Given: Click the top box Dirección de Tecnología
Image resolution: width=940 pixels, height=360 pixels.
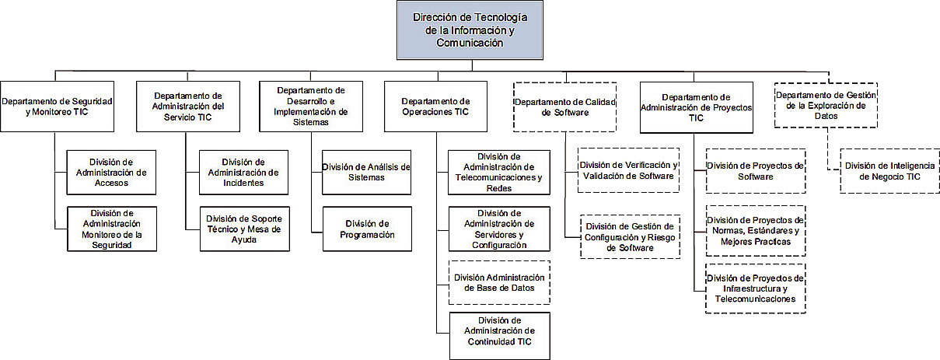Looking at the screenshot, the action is tap(470, 30).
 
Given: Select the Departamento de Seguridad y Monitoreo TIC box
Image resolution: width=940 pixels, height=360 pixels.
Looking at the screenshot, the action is tap(57, 107).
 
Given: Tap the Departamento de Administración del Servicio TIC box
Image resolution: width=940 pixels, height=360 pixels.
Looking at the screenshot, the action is tap(188, 107).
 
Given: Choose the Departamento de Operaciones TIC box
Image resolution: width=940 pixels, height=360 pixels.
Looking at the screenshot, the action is tap(435, 107).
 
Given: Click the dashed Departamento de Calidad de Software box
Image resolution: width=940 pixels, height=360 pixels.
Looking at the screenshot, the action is tap(564, 107).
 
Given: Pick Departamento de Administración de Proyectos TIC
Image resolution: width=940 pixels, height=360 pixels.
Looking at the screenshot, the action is tap(696, 107).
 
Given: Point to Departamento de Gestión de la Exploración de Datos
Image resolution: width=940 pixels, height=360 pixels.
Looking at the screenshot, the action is tap(826, 105).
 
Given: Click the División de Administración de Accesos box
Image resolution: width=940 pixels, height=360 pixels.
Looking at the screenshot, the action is tap(111, 173).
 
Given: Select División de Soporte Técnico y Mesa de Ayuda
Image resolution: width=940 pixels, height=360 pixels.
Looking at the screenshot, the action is tap(245, 229).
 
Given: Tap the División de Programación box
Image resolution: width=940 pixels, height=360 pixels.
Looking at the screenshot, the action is tap(367, 229).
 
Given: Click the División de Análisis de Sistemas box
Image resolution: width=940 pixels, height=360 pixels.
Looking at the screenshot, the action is tap(366, 173).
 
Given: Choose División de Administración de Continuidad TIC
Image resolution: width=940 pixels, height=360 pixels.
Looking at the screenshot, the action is tap(499, 336).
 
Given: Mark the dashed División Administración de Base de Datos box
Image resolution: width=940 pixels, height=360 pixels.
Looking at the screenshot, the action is tap(499, 282).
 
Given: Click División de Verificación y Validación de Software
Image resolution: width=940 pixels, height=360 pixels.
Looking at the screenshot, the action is tap(628, 170).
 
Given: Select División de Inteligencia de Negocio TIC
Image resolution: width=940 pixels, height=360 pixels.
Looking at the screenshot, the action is tap(889, 171).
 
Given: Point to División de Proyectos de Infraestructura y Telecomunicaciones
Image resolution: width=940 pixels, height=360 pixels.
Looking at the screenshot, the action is tap(756, 288).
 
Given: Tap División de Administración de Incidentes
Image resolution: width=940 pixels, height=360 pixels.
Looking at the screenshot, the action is tap(243, 173).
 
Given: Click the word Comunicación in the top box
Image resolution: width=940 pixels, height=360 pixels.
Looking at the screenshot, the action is tap(470, 43).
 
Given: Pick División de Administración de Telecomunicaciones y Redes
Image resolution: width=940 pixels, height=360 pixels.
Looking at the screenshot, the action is tap(499, 173).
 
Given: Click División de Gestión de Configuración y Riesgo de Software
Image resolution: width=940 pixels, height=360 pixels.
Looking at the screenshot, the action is tap(630, 236).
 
